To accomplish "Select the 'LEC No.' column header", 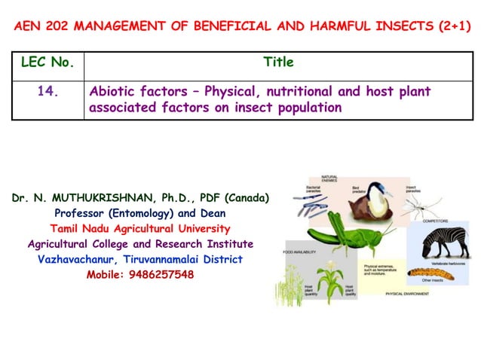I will click(x=46, y=63).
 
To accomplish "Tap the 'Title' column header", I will click(x=278, y=63).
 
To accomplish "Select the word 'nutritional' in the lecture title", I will click(x=310, y=92).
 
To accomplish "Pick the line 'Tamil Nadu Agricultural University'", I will click(x=140, y=229).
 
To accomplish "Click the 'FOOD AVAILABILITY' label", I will click(x=300, y=252).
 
